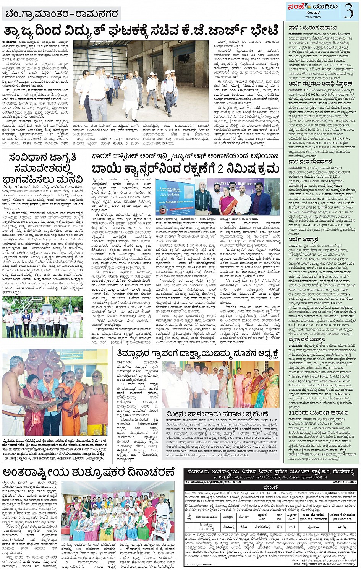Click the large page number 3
tap(348, 11)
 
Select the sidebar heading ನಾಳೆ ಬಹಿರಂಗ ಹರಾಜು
tap(313, 28)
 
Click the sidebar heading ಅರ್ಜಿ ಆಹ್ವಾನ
tap(304, 240)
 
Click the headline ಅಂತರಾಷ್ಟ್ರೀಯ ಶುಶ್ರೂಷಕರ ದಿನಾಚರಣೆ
tap(89, 472)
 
